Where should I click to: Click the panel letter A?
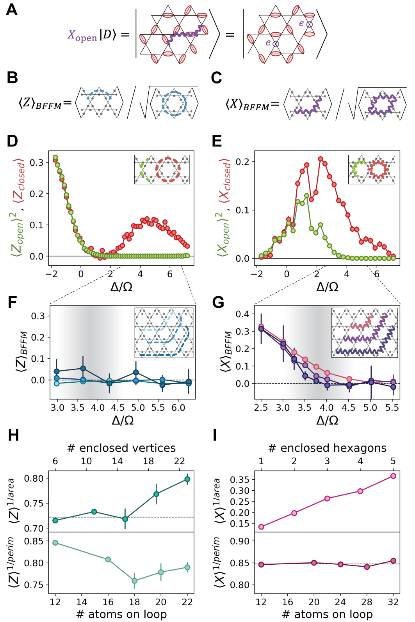12,10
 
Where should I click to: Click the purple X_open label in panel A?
82,35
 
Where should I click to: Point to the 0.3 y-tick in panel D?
37,163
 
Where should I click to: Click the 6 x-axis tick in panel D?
170,274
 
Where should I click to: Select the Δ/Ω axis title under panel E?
327,287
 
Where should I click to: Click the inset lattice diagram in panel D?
162,170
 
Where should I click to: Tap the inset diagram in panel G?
365,332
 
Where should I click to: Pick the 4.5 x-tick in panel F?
118,408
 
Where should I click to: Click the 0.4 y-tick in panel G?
242,314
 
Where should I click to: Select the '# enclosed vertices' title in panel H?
121,448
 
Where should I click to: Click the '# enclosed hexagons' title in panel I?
327,448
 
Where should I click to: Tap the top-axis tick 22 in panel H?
179,461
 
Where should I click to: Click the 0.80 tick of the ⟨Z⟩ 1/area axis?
34,479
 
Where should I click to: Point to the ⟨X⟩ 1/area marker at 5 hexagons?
393,476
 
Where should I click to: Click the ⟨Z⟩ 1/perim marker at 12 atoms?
55,543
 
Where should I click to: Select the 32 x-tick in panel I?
393,602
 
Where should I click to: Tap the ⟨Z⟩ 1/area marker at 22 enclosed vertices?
187,479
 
